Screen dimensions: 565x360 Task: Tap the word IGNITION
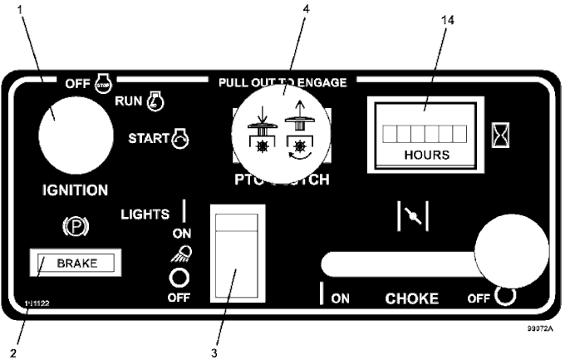pos(75,190)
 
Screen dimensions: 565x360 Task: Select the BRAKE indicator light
pos(76,264)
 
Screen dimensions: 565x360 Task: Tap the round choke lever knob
pos(511,250)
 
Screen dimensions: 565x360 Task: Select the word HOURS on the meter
pos(426,155)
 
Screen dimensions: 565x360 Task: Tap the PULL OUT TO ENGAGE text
pos(282,82)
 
